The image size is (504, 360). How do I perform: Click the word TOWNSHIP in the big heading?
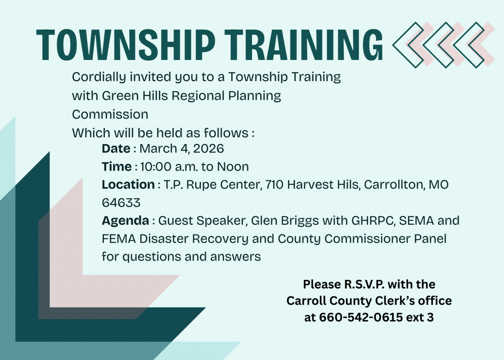point(126,45)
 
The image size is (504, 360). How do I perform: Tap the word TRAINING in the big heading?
point(304,45)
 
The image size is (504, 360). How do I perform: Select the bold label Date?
point(116,149)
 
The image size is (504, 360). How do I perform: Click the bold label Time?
point(117,166)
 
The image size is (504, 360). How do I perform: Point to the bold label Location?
point(128,184)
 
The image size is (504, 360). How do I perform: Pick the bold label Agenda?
point(126,221)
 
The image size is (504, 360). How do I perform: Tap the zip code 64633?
point(121,203)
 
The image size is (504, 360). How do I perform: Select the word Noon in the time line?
point(233,166)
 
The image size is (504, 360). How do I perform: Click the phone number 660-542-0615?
point(361,317)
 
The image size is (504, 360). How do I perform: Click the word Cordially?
point(99,77)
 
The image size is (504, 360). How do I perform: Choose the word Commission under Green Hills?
point(110,114)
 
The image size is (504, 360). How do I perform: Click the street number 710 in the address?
point(274,184)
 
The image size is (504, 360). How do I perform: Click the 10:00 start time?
point(156,166)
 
